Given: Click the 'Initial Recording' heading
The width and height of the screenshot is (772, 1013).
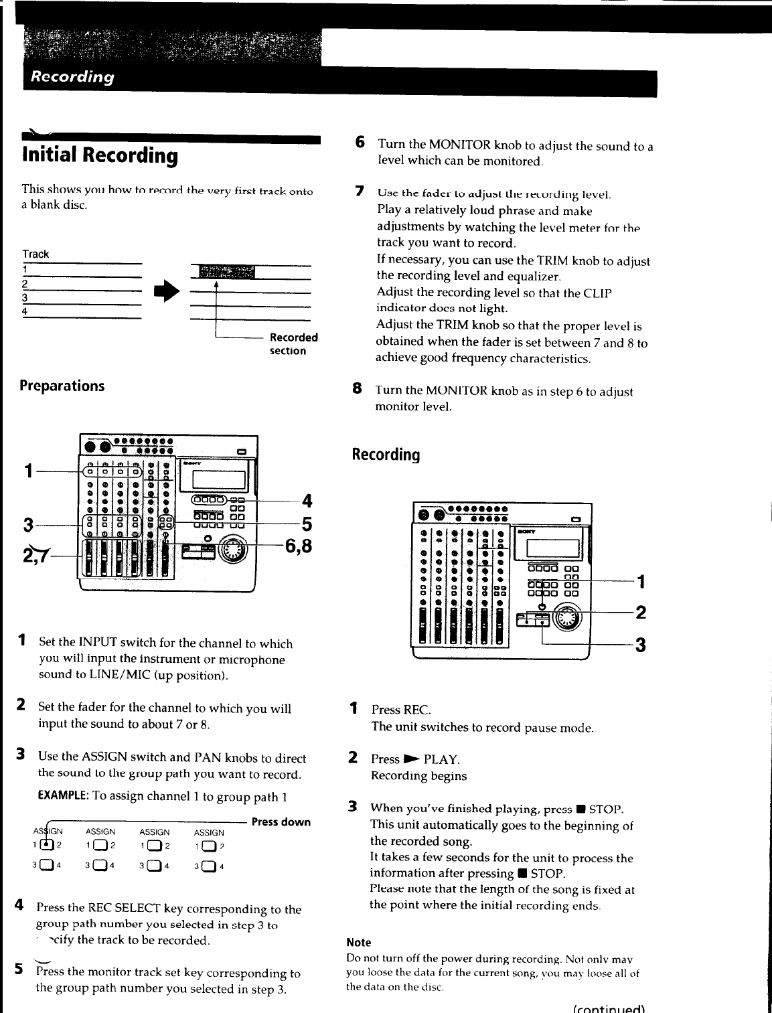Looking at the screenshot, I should pyautogui.click(x=100, y=155).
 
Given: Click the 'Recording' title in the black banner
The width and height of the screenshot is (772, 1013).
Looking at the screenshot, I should pyautogui.click(x=72, y=76).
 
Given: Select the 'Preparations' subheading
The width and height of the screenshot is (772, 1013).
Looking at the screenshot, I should pyautogui.click(x=62, y=386).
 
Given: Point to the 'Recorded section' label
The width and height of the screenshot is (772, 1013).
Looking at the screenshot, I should pyautogui.click(x=293, y=344).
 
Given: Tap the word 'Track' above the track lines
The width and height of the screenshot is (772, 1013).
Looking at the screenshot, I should pyautogui.click(x=35, y=254).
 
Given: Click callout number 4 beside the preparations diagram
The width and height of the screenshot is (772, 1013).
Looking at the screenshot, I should pyautogui.click(x=307, y=500).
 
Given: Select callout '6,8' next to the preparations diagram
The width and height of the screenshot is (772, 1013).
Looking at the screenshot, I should pyautogui.click(x=299, y=546).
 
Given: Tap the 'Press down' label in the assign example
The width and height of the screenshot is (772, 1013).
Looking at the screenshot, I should pyautogui.click(x=281, y=822).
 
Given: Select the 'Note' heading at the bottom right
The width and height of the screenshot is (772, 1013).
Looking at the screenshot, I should pyautogui.click(x=359, y=943).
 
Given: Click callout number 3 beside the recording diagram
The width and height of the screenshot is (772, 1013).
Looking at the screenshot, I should pyautogui.click(x=640, y=645).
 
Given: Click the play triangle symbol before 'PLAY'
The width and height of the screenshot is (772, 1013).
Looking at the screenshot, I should pyautogui.click(x=411, y=759).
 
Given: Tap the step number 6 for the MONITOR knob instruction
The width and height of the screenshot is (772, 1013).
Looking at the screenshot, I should pyautogui.click(x=360, y=143).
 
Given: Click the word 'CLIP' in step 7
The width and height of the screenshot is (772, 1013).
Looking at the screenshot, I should pyautogui.click(x=598, y=293).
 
